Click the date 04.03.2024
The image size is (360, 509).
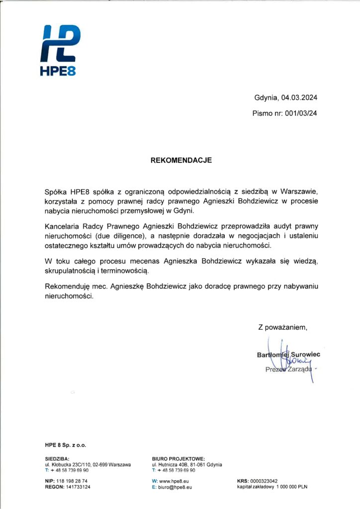pyautogui.click(x=298, y=97)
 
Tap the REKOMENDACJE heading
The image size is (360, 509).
pyautogui.click(x=181, y=161)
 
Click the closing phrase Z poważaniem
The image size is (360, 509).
pyautogui.click(x=282, y=327)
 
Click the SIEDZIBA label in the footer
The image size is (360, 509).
pyautogui.click(x=57, y=459)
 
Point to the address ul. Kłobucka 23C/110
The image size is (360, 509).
pyautogui.click(x=73, y=464)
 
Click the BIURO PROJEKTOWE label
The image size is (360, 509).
pyautogui.click(x=178, y=459)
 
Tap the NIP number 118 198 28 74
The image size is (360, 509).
pyautogui.click(x=73, y=481)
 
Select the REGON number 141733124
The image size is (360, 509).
pyautogui.click(x=78, y=487)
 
